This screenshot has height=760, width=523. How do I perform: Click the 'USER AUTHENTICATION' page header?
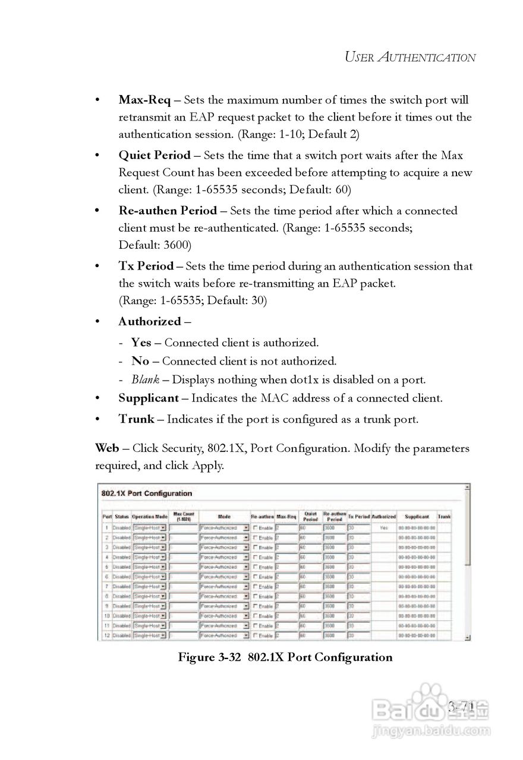(410, 58)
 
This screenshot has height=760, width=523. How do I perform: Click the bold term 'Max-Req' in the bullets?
(144, 100)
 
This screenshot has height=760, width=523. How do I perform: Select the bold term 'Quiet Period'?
(155, 156)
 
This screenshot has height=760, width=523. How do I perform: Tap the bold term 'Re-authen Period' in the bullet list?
(168, 211)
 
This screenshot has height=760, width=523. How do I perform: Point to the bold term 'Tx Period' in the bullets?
(146, 266)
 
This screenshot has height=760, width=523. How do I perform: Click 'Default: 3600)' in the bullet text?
(155, 245)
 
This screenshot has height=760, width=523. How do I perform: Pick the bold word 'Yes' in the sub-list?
(141, 343)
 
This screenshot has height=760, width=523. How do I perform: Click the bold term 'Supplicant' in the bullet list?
(149, 398)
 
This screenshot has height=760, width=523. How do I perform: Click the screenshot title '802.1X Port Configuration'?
(147, 493)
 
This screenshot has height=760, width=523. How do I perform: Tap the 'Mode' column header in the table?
(224, 517)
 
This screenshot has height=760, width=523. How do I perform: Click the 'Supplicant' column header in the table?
(417, 517)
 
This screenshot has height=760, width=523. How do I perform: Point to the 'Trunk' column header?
(445, 517)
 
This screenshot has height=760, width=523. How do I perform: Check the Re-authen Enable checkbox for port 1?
(256, 527)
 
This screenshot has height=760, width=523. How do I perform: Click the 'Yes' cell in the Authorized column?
(384, 527)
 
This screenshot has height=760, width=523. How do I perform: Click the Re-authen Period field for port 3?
(333, 547)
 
